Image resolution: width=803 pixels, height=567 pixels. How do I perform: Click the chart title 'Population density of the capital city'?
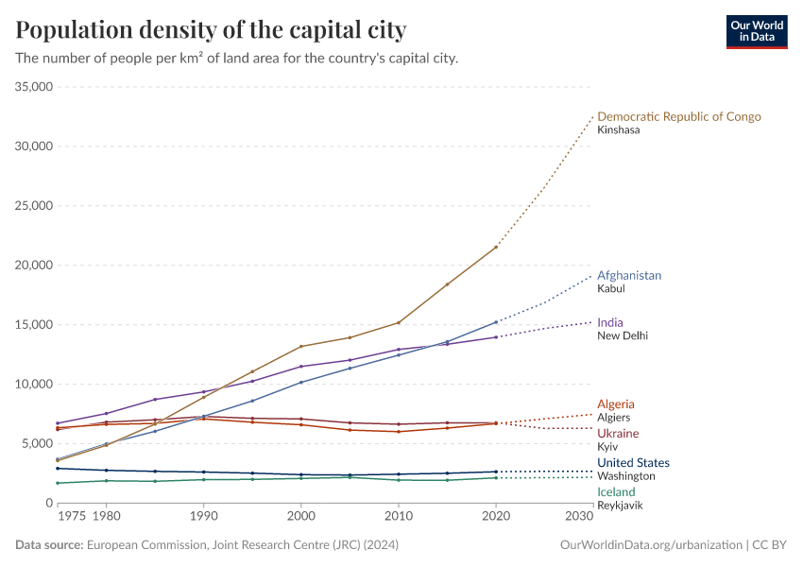211,30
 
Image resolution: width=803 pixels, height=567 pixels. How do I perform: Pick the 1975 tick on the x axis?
71,517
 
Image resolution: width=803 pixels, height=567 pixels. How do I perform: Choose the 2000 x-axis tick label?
300,517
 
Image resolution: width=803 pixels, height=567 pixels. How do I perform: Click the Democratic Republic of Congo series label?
678,116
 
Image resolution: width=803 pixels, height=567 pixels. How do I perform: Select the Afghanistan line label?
628,275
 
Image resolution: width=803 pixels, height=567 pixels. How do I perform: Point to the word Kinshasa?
618,129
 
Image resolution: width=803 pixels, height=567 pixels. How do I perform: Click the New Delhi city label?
623,335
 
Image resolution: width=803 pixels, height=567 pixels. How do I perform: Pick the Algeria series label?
615,404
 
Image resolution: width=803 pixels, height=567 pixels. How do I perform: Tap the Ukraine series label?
618,433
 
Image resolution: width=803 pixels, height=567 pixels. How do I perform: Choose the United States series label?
633,463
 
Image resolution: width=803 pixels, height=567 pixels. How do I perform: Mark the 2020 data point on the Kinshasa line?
496,247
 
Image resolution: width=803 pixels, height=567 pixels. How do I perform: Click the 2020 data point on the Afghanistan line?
496,322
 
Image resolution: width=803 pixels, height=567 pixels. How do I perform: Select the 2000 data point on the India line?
300,367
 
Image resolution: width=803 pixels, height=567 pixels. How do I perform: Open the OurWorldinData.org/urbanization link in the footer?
650,545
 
